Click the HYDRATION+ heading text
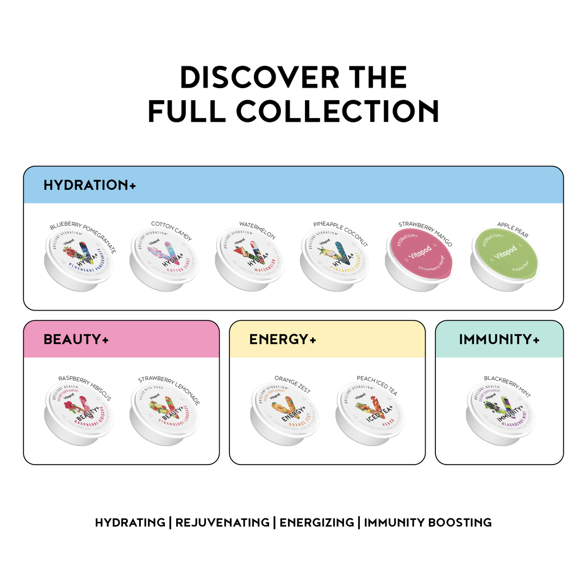click(90, 185)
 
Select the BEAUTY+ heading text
click(76, 339)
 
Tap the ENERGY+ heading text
click(283, 339)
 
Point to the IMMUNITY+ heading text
click(499, 339)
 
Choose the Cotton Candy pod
click(164, 259)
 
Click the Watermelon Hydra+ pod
click(249, 259)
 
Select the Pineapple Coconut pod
click(334, 259)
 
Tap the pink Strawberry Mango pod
click(419, 258)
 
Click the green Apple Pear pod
click(503, 258)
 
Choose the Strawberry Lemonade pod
click(164, 413)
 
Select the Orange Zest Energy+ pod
click(285, 413)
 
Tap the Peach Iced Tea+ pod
click(370, 413)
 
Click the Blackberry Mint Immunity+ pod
click(500, 413)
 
